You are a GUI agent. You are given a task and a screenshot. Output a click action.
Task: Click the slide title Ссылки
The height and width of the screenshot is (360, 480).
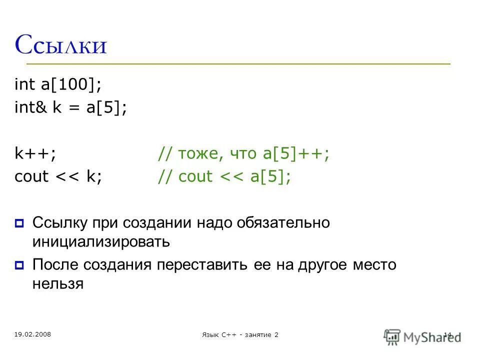click(x=61, y=45)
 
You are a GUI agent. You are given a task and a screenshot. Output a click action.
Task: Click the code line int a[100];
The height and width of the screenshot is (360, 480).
click(x=58, y=84)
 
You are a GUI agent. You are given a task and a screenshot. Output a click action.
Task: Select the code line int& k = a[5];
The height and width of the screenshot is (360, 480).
click(x=71, y=108)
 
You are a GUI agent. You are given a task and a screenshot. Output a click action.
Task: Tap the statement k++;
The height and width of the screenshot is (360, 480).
click(x=35, y=154)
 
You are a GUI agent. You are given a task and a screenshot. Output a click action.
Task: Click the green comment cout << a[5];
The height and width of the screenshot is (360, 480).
click(x=224, y=177)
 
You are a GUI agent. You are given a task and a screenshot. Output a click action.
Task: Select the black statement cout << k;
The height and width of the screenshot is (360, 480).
click(x=58, y=177)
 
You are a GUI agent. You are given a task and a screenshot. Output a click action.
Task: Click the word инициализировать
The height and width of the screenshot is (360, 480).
click(x=101, y=242)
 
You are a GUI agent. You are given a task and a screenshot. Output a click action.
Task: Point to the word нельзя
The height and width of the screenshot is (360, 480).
click(x=57, y=284)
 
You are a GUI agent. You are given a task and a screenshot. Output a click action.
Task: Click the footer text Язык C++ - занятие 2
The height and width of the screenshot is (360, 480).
click(x=238, y=334)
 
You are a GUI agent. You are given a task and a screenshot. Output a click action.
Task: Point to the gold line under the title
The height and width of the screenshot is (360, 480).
click(x=238, y=64)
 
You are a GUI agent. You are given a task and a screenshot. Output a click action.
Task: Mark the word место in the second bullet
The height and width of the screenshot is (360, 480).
click(x=373, y=265)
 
